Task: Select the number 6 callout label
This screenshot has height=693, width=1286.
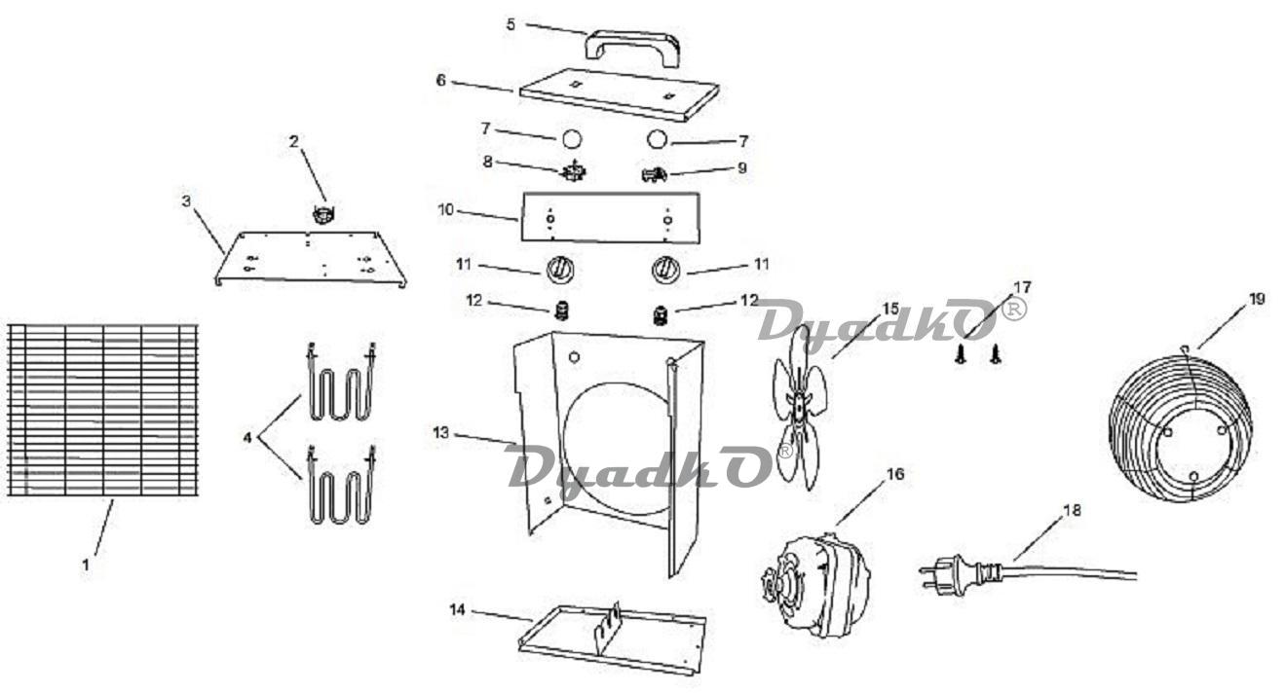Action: point(440,81)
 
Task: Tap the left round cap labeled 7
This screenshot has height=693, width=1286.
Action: point(571,139)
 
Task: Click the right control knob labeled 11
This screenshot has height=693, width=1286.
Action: point(666,269)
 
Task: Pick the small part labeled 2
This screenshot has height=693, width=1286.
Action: point(323,214)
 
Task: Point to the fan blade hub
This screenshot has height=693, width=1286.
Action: point(799,406)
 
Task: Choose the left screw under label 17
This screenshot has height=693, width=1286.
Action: point(960,354)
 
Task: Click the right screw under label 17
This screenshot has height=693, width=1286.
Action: point(996,354)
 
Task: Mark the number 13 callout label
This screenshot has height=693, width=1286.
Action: point(440,432)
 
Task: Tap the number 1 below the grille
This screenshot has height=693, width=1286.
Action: point(86,565)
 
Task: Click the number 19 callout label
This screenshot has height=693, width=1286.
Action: point(1257,299)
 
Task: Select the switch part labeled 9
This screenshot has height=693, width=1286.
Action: point(654,174)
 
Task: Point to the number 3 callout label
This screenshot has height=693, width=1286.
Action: point(186,201)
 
